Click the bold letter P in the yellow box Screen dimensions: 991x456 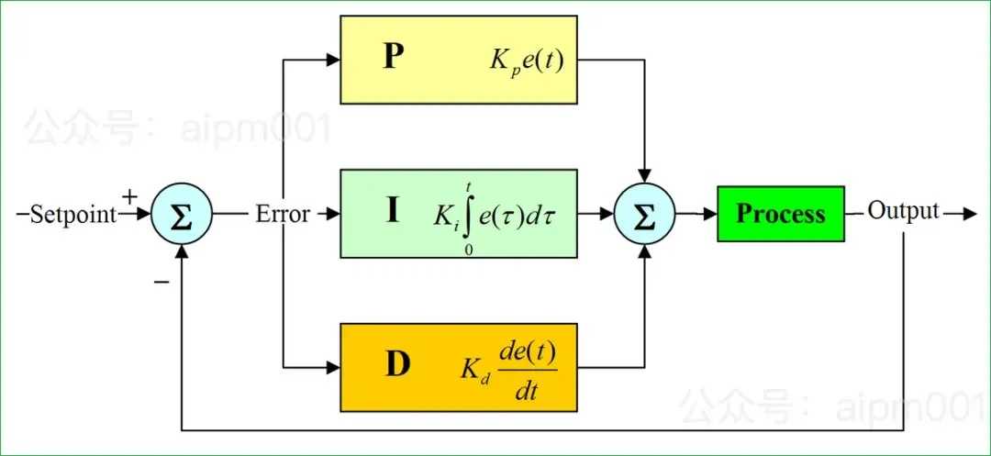[x=393, y=58]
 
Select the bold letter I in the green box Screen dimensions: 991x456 [x=393, y=211]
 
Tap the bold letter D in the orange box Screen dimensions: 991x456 [x=397, y=365]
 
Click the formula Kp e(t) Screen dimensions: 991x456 [x=526, y=61]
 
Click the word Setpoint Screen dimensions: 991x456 [x=74, y=216]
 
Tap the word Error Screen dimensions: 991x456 [x=283, y=214]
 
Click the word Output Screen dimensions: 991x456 [x=903, y=211]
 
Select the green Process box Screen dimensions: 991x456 [x=781, y=214]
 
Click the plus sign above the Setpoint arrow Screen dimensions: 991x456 [x=129, y=197]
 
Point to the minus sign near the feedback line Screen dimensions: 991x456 [x=161, y=283]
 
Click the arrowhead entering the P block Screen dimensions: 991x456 [x=333, y=60]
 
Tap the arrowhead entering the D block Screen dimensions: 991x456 [x=333, y=367]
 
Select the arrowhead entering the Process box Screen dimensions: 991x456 [x=709, y=214]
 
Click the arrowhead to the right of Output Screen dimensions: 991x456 [x=969, y=214]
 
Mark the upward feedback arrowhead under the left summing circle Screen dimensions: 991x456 [x=182, y=252]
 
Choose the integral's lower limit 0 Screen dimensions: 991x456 [x=468, y=250]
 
